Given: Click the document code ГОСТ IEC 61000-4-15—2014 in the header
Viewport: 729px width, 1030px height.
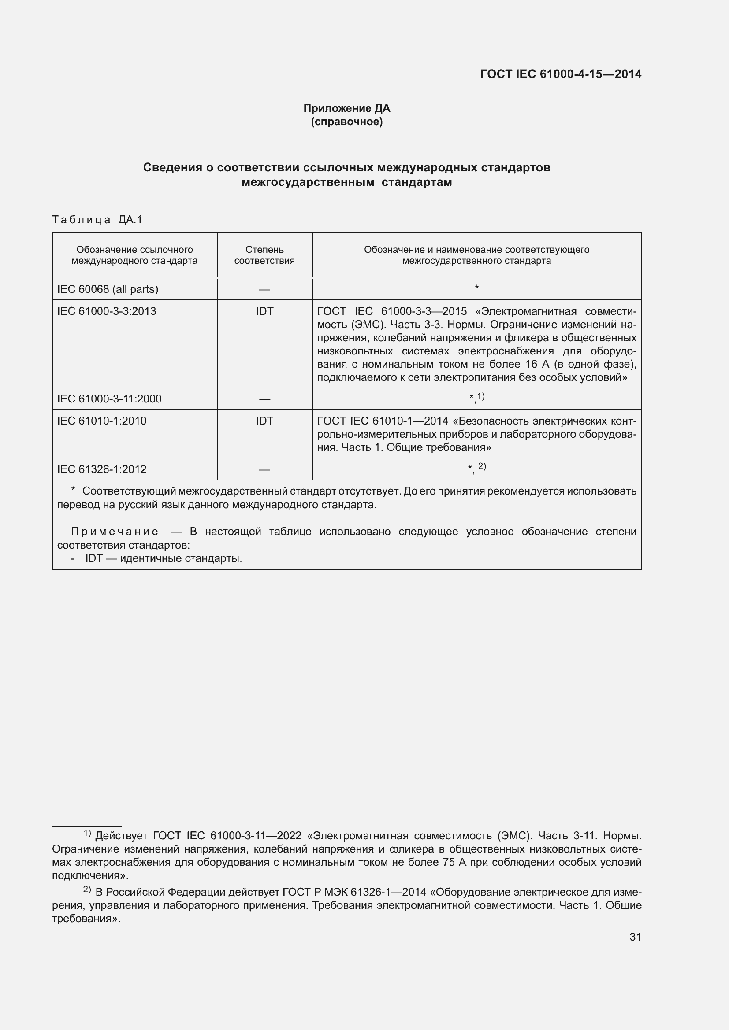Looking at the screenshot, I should click(x=561, y=74).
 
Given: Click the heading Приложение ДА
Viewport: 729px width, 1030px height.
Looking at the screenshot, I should click(x=346, y=108).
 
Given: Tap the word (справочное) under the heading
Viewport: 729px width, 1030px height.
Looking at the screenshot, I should click(x=346, y=122).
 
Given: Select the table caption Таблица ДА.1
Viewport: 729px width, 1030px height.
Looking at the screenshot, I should click(x=97, y=219).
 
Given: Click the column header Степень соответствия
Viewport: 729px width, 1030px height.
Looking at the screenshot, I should click(x=264, y=255).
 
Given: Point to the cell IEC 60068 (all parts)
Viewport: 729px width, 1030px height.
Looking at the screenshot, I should click(x=108, y=289).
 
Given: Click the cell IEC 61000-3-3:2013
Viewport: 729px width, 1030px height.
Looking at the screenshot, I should click(x=106, y=311).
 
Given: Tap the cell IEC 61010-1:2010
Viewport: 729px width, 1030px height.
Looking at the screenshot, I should click(x=101, y=421).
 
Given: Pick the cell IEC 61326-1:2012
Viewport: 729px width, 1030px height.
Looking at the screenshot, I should click(x=101, y=469).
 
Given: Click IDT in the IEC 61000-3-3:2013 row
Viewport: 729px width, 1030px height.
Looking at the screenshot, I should click(x=264, y=311).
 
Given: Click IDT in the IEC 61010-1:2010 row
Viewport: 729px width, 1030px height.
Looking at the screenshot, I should click(x=264, y=421).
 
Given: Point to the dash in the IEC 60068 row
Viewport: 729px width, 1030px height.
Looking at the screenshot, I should click(x=264, y=289).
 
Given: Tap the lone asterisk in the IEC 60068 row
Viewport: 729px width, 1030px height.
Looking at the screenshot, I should click(x=476, y=287).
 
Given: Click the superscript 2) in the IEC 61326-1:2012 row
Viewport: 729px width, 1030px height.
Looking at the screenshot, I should click(x=482, y=466).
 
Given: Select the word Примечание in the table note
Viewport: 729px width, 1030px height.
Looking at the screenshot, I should click(x=115, y=532).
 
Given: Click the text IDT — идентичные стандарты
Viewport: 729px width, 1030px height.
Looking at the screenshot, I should click(x=164, y=558).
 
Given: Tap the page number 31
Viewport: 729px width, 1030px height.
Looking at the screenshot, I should click(x=635, y=937).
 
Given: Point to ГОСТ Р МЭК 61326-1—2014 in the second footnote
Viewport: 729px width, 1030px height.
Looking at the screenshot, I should click(x=355, y=892).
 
